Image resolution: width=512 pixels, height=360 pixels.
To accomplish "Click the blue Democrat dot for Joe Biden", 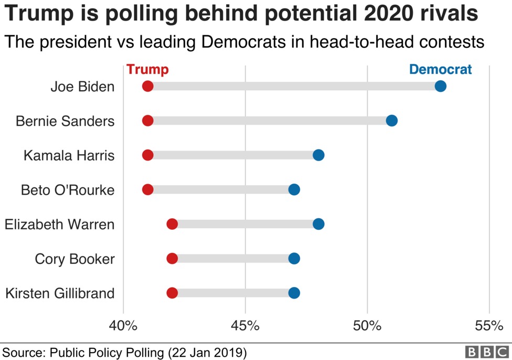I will point(440,86).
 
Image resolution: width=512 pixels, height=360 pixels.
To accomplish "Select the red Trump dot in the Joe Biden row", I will point(147,86).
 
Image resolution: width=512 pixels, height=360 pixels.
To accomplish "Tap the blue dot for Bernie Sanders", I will point(391,121).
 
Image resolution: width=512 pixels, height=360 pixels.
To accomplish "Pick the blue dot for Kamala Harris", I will point(318,155).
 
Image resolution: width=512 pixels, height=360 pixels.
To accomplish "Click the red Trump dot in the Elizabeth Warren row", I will point(172,224).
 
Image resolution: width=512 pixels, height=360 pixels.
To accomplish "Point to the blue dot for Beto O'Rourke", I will point(294,189).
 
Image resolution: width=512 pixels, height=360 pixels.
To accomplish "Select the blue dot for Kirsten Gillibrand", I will point(294,293).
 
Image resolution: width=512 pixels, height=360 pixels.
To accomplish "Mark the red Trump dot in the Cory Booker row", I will point(172,258).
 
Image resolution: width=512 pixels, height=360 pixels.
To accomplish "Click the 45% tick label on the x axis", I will point(245,326).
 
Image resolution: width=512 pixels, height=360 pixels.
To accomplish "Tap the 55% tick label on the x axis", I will point(489,326).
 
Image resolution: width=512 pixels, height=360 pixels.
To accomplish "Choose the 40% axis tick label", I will point(123,326).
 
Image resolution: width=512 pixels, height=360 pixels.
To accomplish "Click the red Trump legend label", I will point(147,70).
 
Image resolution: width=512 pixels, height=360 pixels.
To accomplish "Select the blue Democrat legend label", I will point(440,69).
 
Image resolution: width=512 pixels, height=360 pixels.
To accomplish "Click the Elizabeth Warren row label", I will point(59,225).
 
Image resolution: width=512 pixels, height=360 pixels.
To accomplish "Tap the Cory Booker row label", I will point(74,259).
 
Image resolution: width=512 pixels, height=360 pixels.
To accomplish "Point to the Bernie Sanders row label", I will point(65,121).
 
